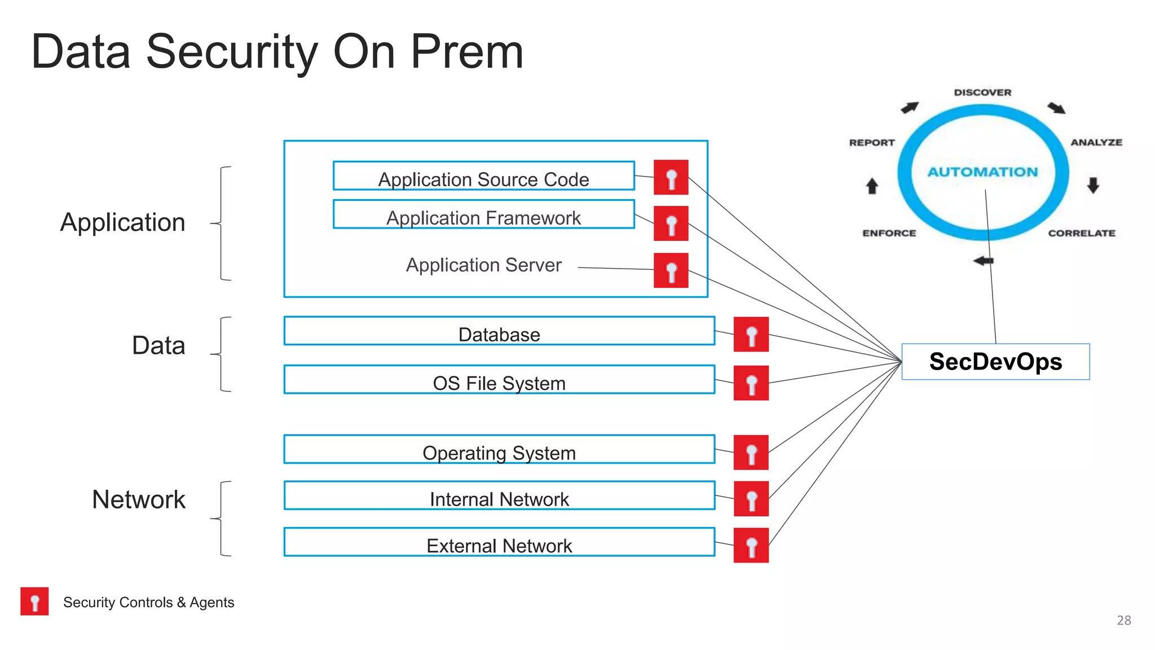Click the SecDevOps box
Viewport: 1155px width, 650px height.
pyautogui.click(x=995, y=362)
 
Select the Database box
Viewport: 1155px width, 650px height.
pyautogui.click(x=499, y=331)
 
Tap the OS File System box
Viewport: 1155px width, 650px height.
pyautogui.click(x=499, y=380)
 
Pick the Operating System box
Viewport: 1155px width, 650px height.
pyautogui.click(x=499, y=450)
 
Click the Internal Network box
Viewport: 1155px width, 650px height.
pyautogui.click(x=499, y=496)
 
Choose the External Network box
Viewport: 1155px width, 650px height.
pyautogui.click(x=499, y=542)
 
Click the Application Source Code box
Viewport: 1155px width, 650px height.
pyautogui.click(x=483, y=176)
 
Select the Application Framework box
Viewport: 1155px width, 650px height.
pyautogui.click(x=483, y=214)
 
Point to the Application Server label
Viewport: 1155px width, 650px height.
pyautogui.click(x=483, y=265)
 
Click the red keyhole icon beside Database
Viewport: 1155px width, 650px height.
pyautogui.click(x=751, y=335)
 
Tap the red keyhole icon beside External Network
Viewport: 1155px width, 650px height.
pyautogui.click(x=751, y=545)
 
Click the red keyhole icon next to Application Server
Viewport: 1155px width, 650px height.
pyautogui.click(x=671, y=271)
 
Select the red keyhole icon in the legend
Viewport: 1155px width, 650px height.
pyautogui.click(x=34, y=601)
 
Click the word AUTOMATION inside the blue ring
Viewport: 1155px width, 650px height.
pyautogui.click(x=982, y=172)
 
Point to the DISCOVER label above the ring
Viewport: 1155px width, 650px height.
pyautogui.click(x=982, y=93)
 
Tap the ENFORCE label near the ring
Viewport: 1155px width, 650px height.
pyautogui.click(x=889, y=233)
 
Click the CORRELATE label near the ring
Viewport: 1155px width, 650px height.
pyautogui.click(x=1081, y=233)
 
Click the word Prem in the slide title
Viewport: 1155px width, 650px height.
pyautogui.click(x=467, y=52)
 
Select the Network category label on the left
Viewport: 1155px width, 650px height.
pyautogui.click(x=139, y=499)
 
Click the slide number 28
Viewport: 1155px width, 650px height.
pyautogui.click(x=1123, y=620)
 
